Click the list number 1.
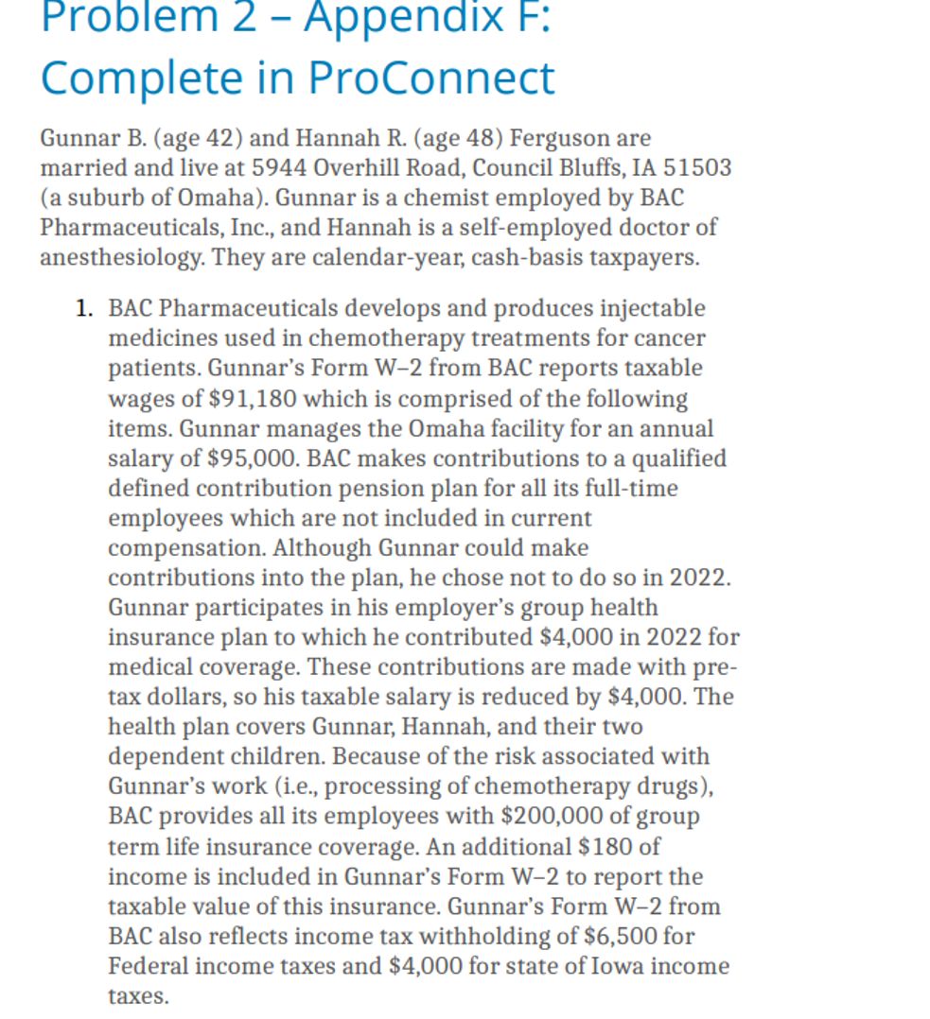coord(84,308)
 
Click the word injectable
coord(649,308)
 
